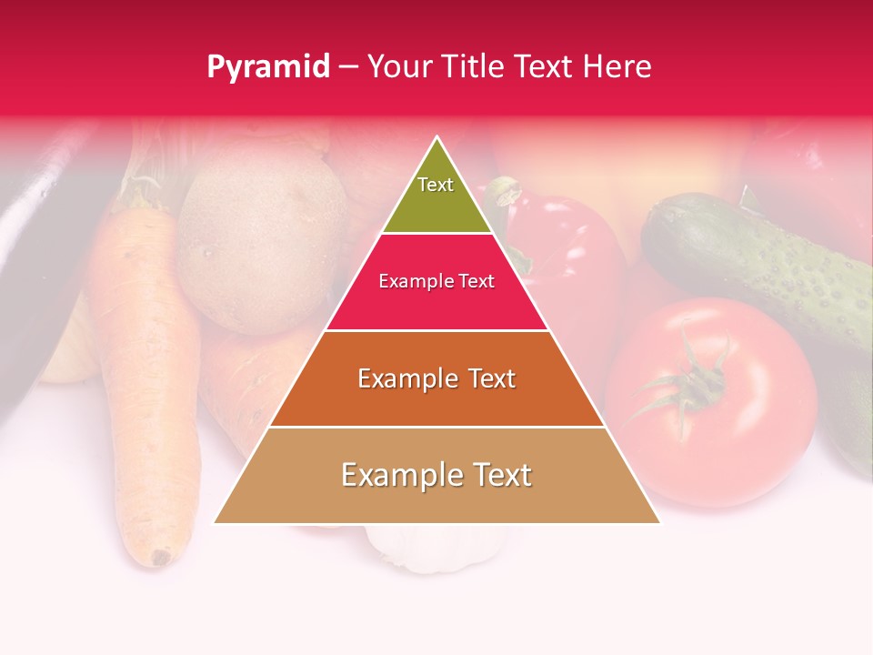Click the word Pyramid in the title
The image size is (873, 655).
tap(268, 67)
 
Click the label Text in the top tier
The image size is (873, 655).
tap(436, 185)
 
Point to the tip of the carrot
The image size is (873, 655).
tap(162, 556)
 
